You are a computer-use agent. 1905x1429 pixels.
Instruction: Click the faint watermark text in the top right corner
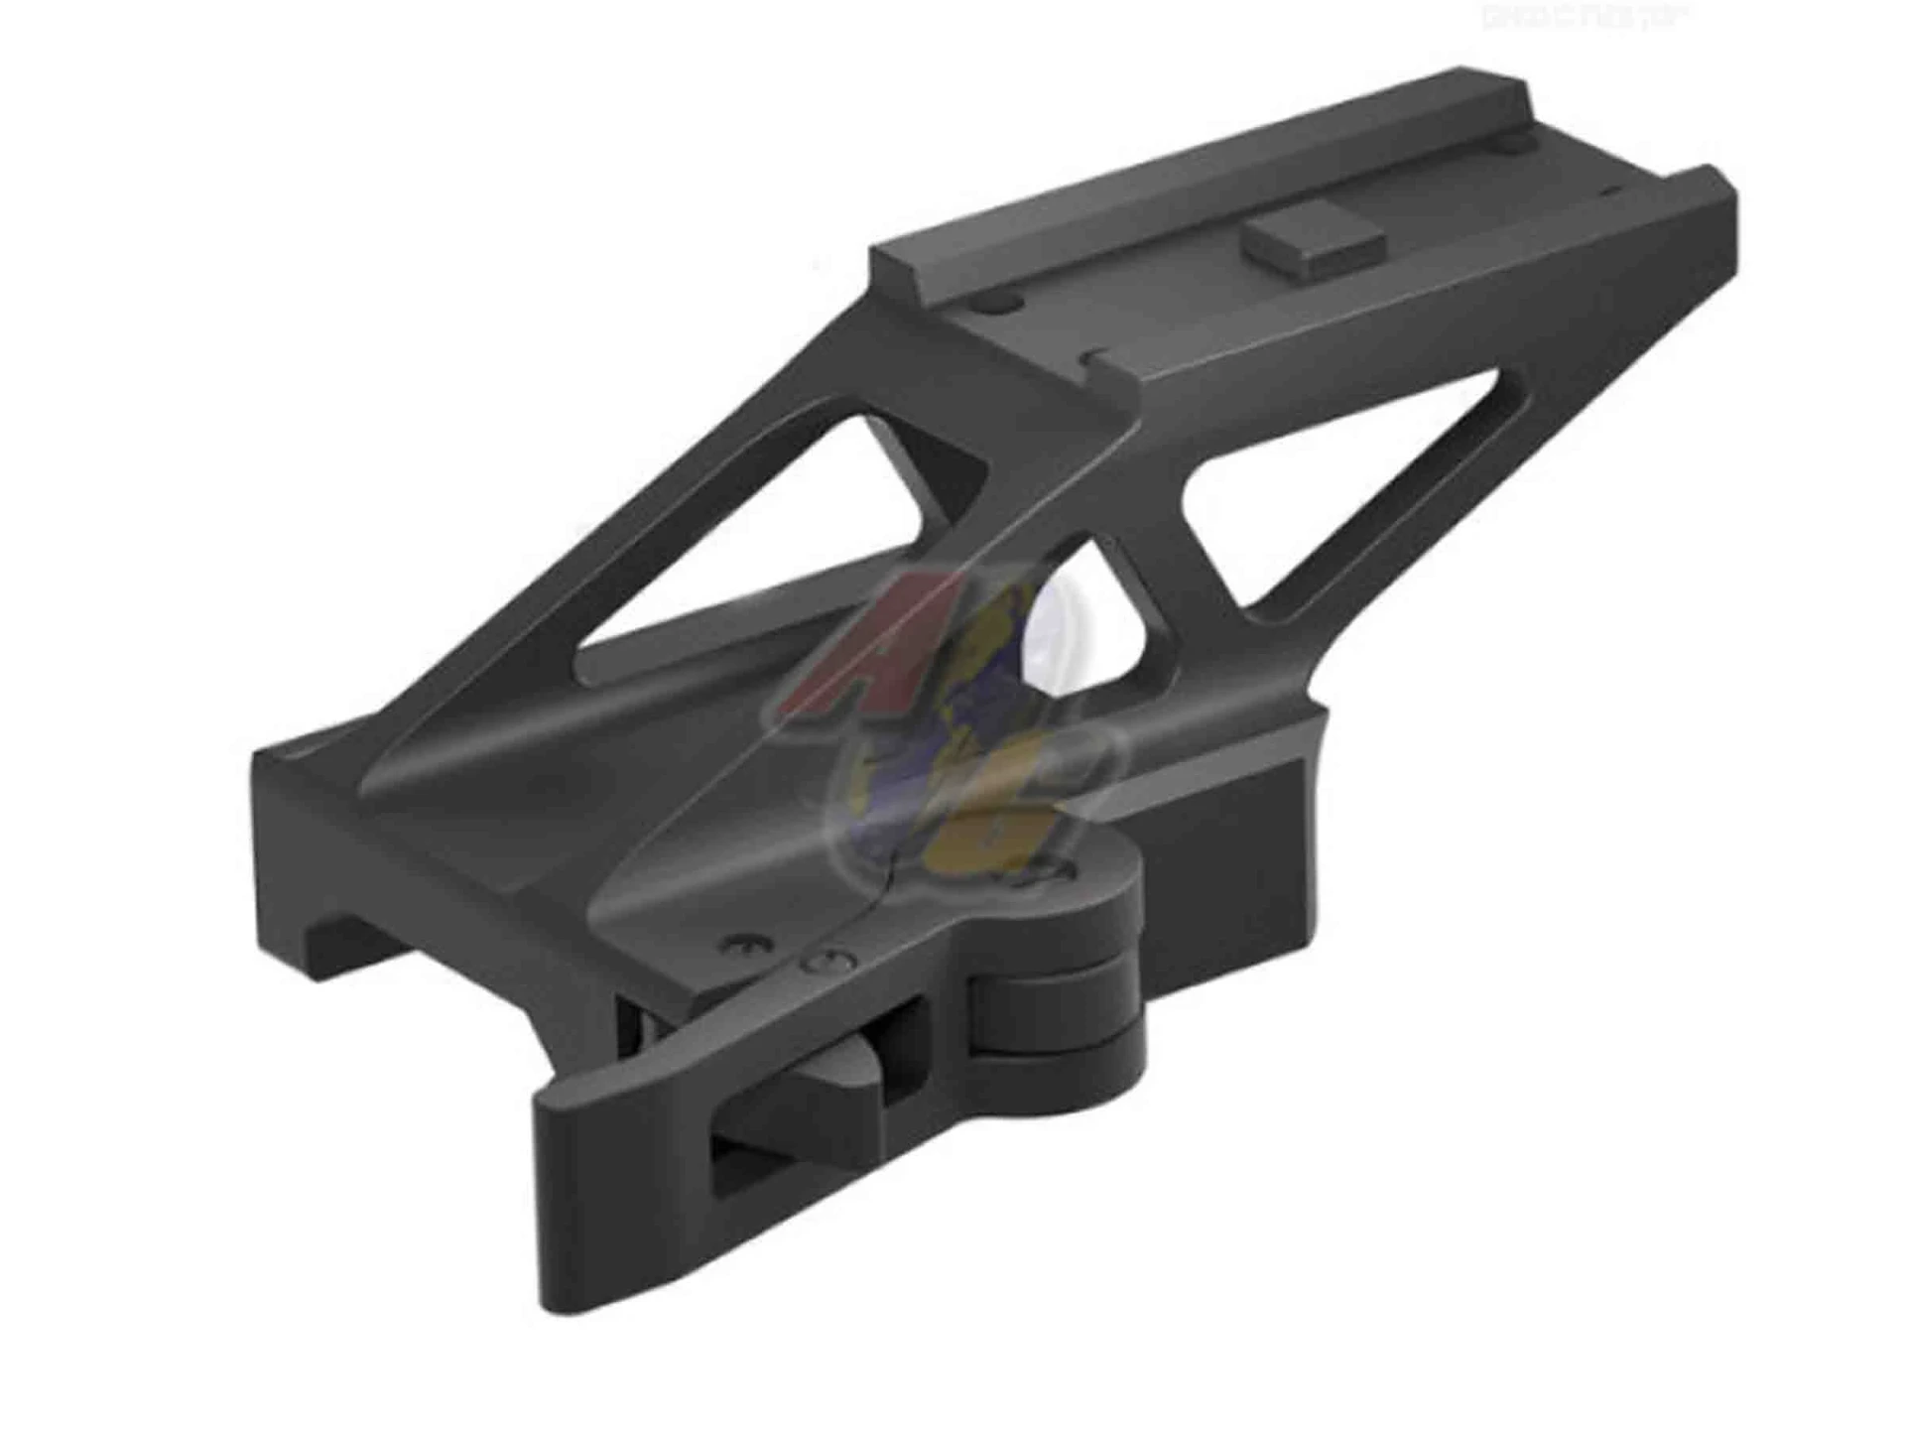(x=1578, y=18)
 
